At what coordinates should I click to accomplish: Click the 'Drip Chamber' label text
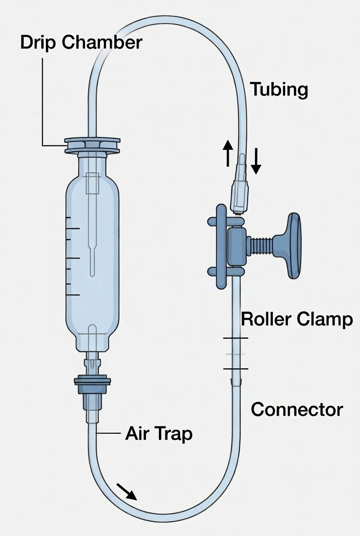point(81,43)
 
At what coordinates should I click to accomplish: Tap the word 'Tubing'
point(279,89)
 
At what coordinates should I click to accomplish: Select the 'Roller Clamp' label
point(297,319)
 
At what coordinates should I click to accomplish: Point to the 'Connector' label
point(297,409)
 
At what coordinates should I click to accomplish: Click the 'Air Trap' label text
point(158,433)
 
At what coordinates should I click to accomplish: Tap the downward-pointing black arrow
point(256,162)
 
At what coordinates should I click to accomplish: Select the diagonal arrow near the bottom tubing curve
point(126,491)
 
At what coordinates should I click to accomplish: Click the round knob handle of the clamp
point(293,246)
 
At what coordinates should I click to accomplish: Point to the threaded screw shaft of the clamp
point(261,246)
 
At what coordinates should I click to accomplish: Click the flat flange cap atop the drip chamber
point(92,145)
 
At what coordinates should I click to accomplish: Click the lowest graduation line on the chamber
point(73,295)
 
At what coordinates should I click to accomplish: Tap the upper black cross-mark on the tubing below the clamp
point(236,338)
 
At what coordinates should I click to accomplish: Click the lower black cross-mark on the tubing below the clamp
point(236,368)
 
